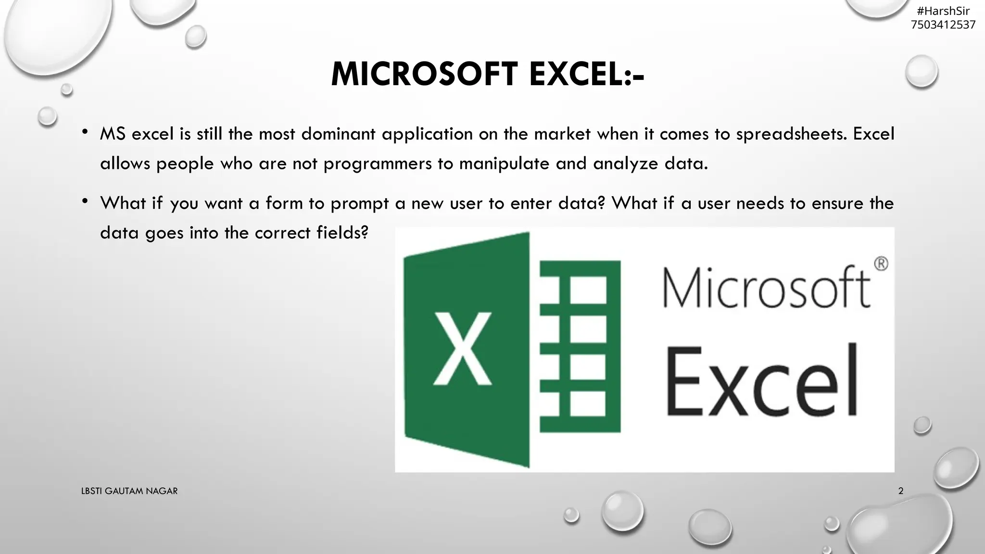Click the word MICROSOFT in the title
click(x=424, y=75)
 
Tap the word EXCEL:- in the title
click(x=586, y=75)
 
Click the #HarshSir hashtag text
click(x=943, y=11)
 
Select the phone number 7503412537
click(x=943, y=25)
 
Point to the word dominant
click(x=338, y=134)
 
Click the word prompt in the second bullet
click(x=359, y=203)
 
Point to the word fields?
click(x=342, y=233)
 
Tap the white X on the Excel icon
click(x=463, y=349)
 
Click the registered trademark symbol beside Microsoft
click(x=881, y=264)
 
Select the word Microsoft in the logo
click(x=767, y=288)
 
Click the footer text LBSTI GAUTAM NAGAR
click(x=129, y=491)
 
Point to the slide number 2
click(x=900, y=491)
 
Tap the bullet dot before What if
click(x=85, y=201)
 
